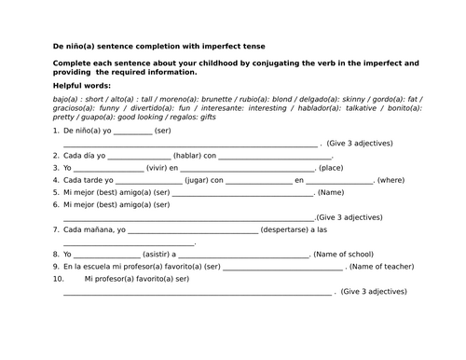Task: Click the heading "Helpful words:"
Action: point(81,85)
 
